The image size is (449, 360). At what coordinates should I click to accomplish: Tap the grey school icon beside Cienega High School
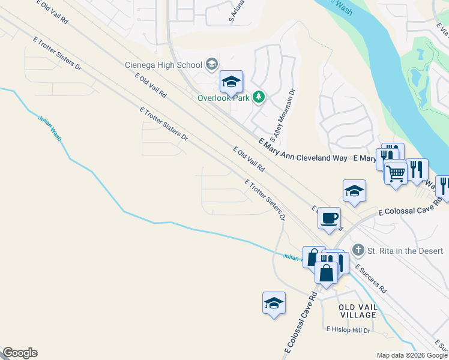211,64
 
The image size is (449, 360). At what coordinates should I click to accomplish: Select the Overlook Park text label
223,98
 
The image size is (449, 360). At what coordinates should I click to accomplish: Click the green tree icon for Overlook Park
259,97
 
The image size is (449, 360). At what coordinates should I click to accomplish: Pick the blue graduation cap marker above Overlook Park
231,82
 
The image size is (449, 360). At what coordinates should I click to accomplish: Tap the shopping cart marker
396,173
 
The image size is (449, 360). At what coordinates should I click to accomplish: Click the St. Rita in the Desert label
405,250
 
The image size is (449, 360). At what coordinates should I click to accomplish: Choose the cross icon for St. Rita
358,250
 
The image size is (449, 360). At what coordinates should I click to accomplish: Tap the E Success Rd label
370,278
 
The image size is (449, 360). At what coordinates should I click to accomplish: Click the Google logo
20,353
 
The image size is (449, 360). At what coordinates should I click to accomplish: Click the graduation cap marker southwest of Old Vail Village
274,303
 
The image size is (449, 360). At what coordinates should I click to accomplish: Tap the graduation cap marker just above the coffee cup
354,191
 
